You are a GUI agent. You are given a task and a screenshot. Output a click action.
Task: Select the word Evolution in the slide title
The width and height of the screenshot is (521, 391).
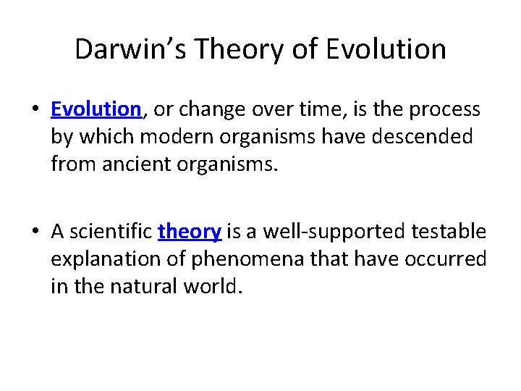point(386,49)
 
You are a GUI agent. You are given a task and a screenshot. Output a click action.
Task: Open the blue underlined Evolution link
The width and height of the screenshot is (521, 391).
point(96,109)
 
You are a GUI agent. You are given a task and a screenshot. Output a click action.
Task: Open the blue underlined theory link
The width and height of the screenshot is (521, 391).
point(189,232)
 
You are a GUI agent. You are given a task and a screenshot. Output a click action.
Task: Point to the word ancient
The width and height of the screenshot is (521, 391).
point(132,164)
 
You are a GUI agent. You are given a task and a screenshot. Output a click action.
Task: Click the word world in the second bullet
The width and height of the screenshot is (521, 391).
point(214,286)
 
